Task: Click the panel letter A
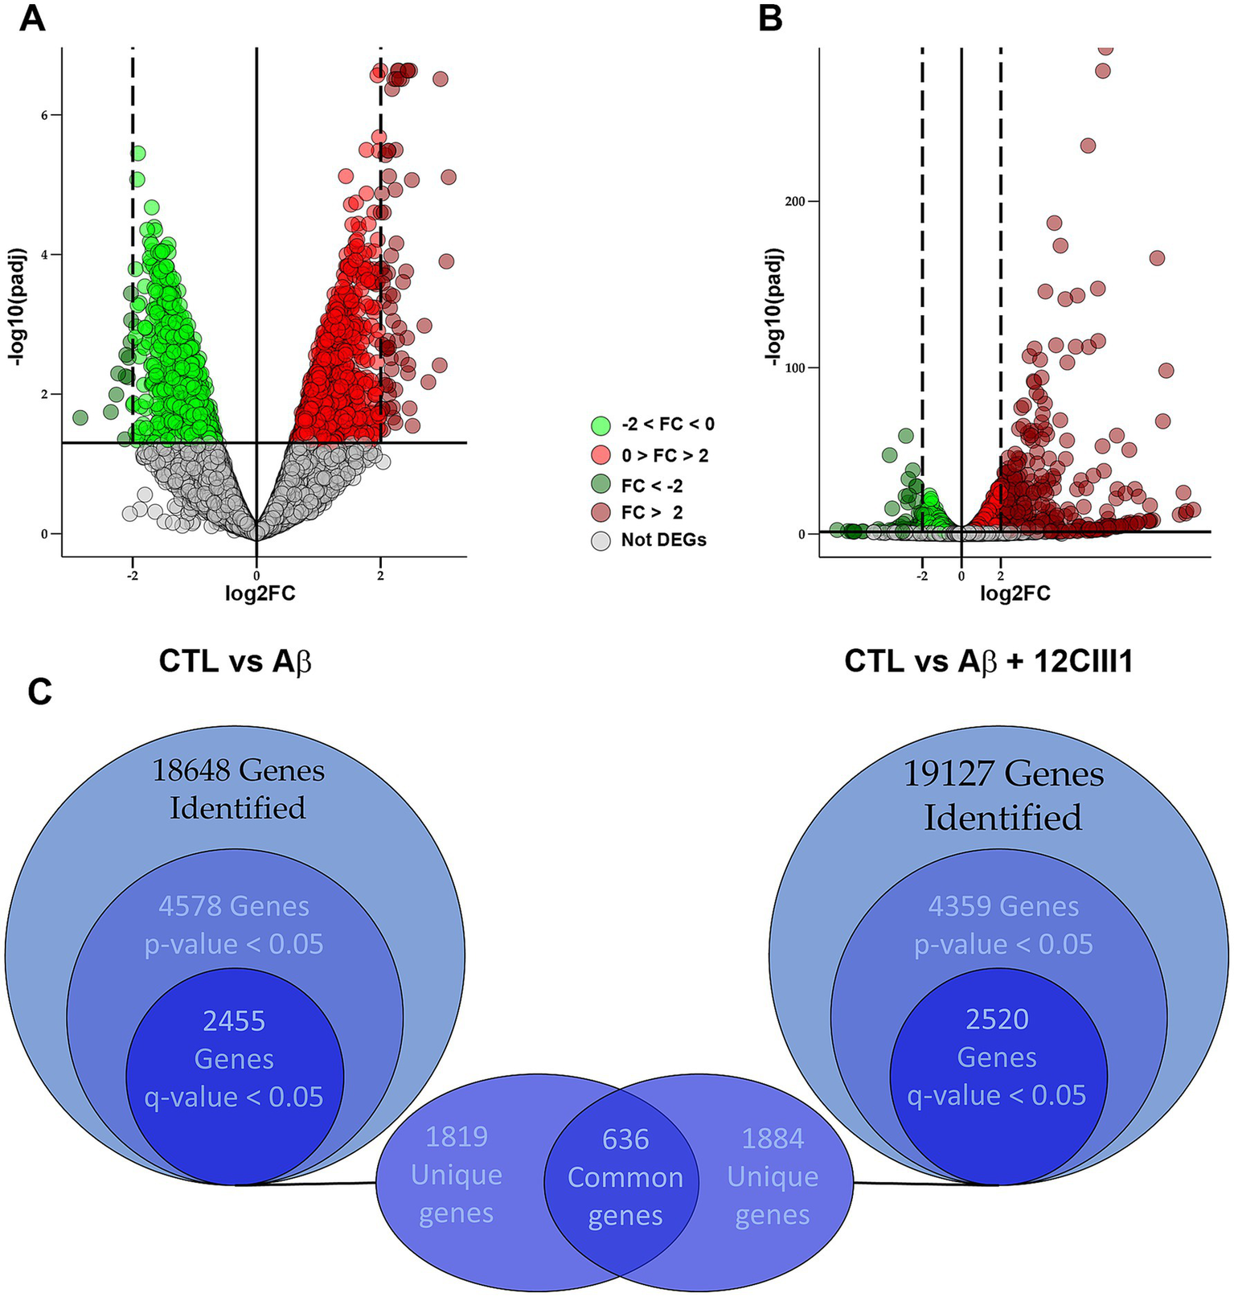(33, 18)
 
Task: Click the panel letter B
(770, 18)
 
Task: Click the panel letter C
(39, 692)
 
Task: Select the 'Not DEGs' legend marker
(601, 540)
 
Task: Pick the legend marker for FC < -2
(601, 486)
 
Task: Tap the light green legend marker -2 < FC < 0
(601, 425)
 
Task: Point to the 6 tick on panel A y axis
(46, 115)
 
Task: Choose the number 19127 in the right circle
(949, 774)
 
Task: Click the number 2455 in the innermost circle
(234, 1021)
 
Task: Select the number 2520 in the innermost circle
(998, 1020)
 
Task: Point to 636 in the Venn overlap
(625, 1139)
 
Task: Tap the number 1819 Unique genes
(457, 1137)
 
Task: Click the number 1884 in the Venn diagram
(773, 1139)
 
